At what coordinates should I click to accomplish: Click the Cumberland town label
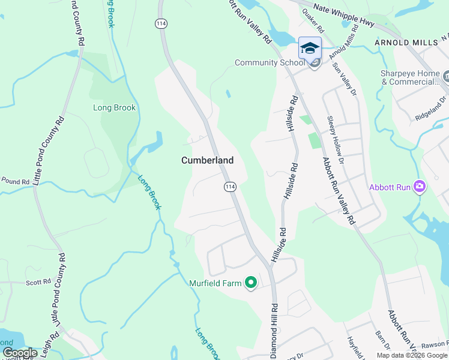pyautogui.click(x=207, y=161)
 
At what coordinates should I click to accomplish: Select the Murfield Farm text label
pyautogui.click(x=216, y=283)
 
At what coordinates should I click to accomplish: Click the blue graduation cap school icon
pyautogui.click(x=310, y=48)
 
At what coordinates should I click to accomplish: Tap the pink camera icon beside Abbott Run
pyautogui.click(x=419, y=187)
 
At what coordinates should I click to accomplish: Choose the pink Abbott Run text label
pyautogui.click(x=390, y=187)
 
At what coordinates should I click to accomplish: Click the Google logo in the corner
pyautogui.click(x=19, y=353)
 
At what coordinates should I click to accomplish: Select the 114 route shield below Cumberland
pyautogui.click(x=230, y=187)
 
